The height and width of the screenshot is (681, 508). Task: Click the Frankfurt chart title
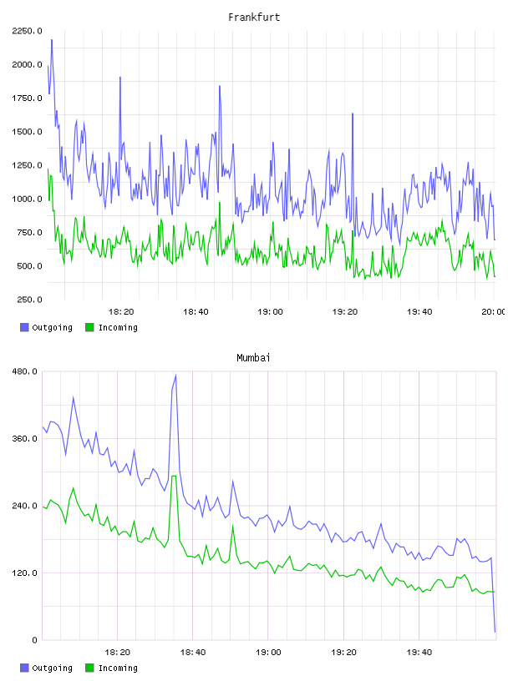tap(254, 18)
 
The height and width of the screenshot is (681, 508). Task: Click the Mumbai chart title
tap(253, 358)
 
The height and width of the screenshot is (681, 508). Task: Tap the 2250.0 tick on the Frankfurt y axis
tap(27, 31)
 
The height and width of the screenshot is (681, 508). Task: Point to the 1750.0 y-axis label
tap(27, 98)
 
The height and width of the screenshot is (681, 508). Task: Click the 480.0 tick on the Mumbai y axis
tap(25, 371)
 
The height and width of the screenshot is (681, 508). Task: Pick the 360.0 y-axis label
tap(25, 439)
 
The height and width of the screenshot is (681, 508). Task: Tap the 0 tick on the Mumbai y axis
tap(35, 640)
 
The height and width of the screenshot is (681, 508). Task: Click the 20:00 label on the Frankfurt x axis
tap(494, 312)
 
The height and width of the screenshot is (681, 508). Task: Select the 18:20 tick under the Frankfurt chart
tap(121, 312)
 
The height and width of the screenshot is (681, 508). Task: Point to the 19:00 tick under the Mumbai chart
tap(268, 653)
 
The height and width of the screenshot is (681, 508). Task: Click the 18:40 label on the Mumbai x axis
tap(193, 653)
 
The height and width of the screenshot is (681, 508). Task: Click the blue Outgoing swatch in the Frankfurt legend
tap(24, 327)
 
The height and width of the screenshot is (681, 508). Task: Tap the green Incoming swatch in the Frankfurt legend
tap(89, 327)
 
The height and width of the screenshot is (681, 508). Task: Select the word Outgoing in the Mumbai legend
tap(52, 668)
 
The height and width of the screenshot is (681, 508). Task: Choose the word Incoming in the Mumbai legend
tap(118, 668)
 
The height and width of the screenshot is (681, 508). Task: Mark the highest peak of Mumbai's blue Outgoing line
tap(175, 375)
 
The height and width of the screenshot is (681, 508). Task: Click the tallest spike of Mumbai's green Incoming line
tap(174, 476)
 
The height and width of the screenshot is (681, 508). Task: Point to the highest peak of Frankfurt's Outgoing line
tap(52, 40)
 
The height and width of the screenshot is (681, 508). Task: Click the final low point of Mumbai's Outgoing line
tap(495, 632)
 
